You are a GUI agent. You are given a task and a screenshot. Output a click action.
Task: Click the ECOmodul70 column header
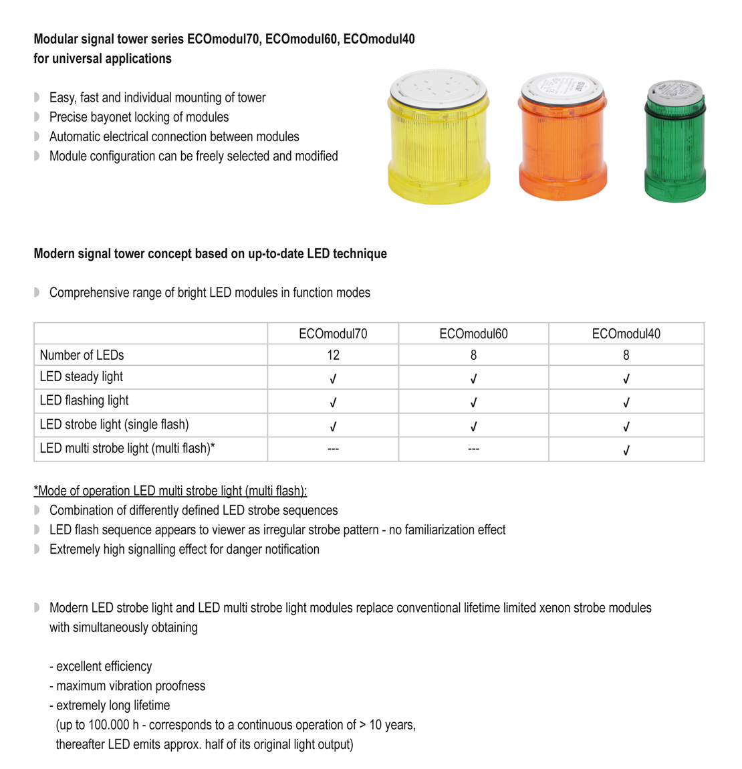[333, 334]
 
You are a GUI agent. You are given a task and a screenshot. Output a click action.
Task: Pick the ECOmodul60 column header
[473, 334]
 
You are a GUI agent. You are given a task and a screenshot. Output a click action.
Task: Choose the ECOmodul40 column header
[626, 334]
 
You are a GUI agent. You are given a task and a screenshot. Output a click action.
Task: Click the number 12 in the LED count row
[333, 355]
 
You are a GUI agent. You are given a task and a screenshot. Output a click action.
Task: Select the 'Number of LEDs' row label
[82, 355]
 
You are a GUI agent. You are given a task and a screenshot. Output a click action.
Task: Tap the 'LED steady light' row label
[81, 376]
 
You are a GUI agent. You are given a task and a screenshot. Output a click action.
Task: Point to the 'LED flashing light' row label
[84, 401]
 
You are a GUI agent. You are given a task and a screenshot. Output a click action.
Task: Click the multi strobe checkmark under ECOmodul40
[626, 451]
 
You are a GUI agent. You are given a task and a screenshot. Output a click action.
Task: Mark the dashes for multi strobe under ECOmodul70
[333, 449]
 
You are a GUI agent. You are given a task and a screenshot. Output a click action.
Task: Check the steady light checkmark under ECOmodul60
[473, 379]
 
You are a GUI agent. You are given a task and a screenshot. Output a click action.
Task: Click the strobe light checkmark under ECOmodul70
[333, 427]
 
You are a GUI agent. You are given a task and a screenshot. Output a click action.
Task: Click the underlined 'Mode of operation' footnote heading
[170, 491]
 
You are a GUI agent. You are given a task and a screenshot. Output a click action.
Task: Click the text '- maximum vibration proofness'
[127, 686]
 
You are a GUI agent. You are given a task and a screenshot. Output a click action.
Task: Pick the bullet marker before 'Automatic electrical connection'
[37, 136]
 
